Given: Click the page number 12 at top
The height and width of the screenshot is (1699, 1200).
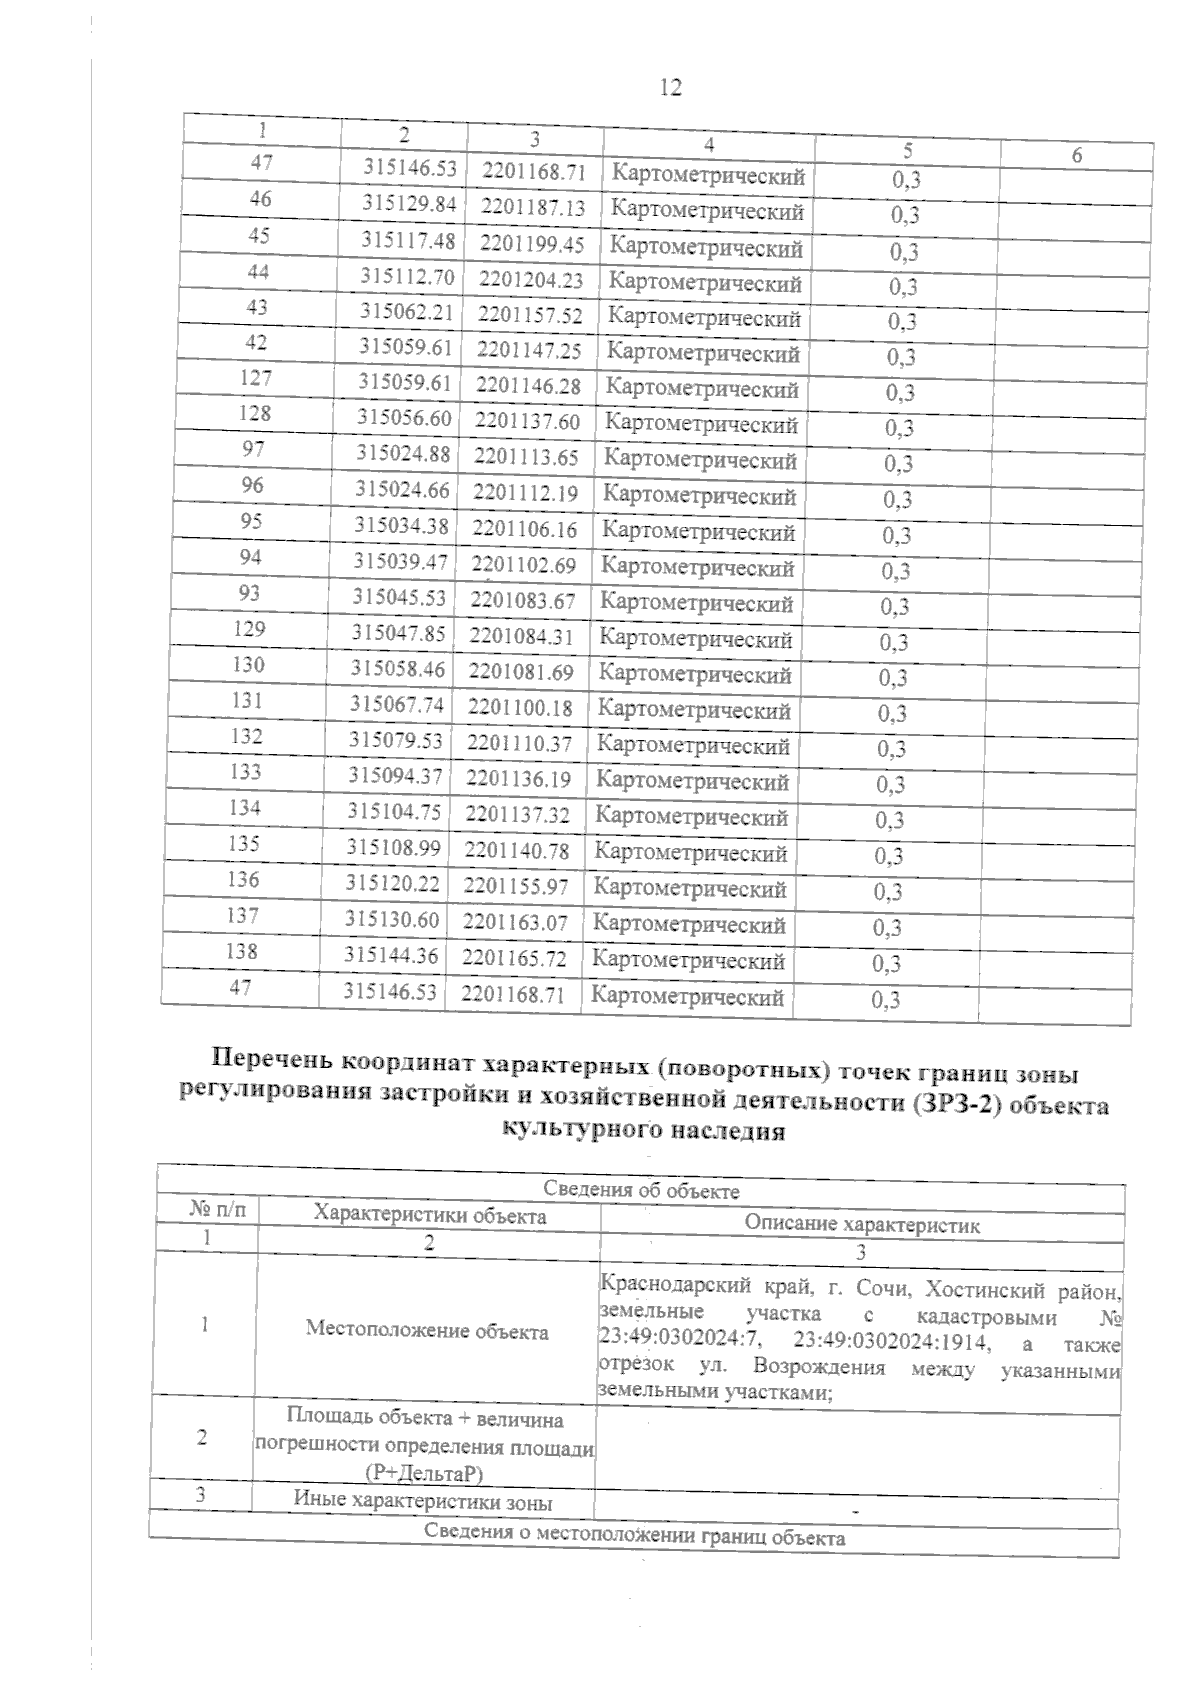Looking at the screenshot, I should click(x=671, y=88).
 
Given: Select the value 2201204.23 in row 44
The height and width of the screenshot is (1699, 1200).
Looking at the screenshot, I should click(x=531, y=280).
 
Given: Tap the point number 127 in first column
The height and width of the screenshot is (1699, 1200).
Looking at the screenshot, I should click(x=255, y=378).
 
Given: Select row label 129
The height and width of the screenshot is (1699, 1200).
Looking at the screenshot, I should click(x=248, y=629).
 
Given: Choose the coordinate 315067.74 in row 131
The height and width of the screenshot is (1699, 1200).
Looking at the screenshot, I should click(x=396, y=705).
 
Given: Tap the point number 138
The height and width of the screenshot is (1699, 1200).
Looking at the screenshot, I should click(x=241, y=951).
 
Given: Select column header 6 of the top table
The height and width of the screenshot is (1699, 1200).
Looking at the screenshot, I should click(x=1076, y=155).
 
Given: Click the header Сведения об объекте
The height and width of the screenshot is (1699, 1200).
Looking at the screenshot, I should click(x=641, y=1190).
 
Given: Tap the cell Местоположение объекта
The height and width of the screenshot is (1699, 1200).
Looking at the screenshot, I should click(x=427, y=1331).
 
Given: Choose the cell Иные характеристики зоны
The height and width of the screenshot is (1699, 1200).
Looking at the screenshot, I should click(x=423, y=1502).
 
